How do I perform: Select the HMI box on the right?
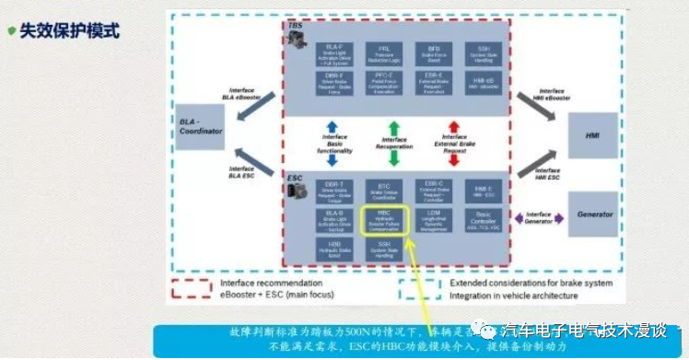tap(593, 135)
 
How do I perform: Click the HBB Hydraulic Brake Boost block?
tap(333, 249)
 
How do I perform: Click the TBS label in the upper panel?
tap(295, 26)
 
